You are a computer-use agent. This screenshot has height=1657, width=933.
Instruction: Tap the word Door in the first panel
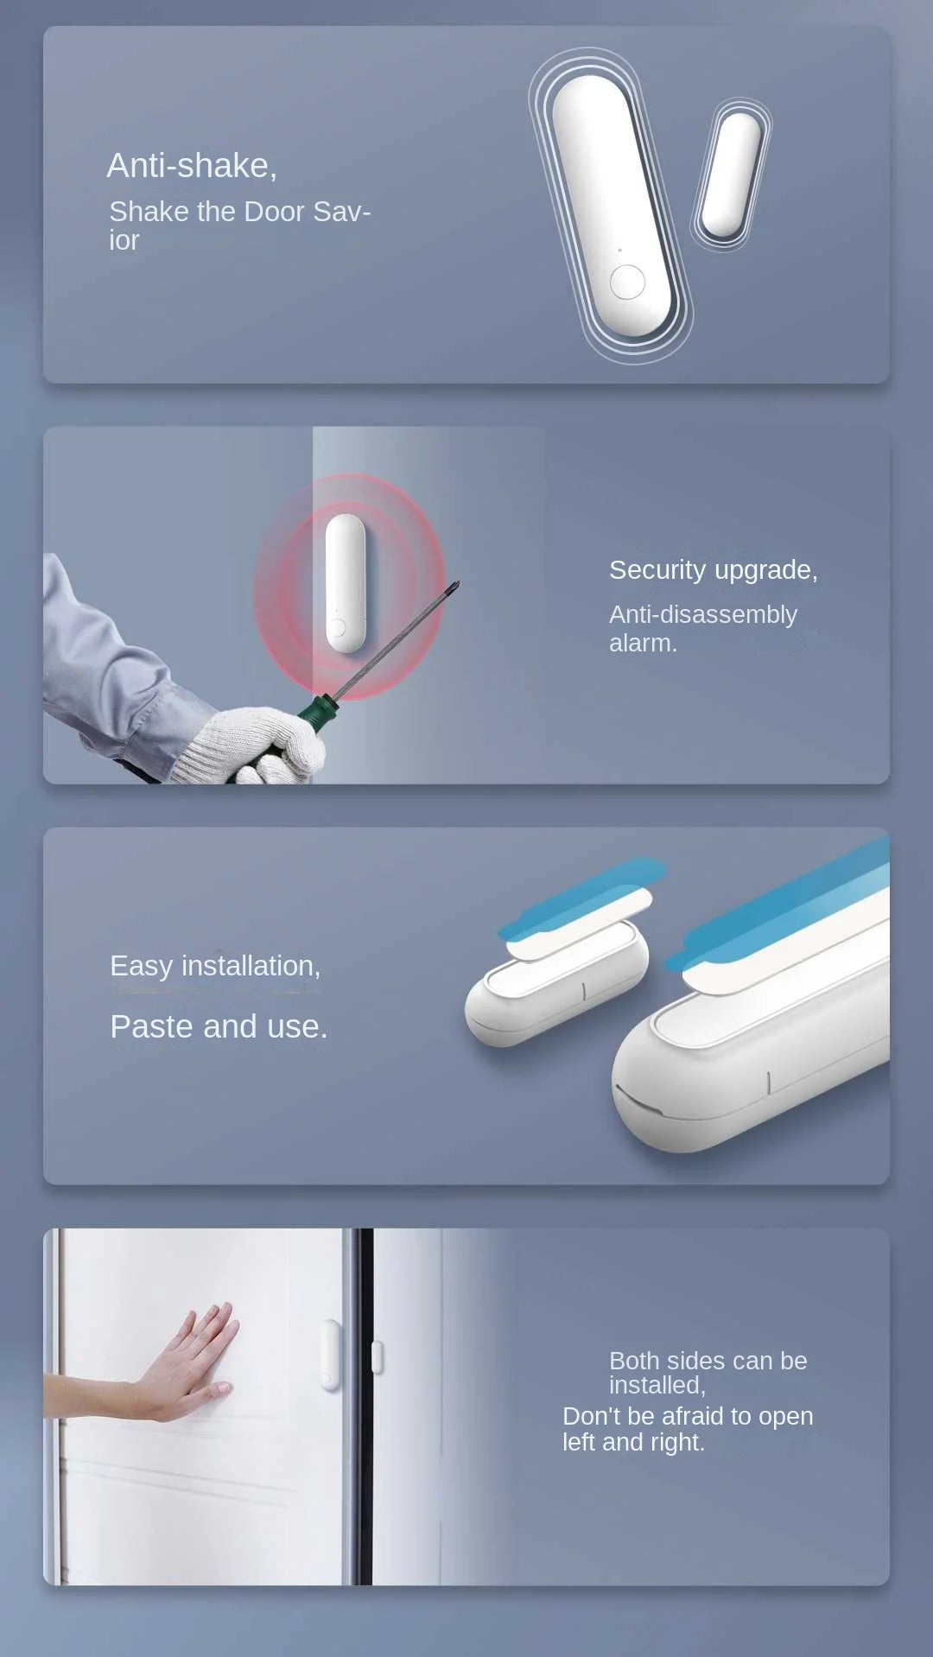click(275, 212)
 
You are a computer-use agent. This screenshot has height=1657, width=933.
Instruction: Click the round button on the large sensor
click(627, 282)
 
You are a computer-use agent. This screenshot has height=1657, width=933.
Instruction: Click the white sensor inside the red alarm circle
click(346, 583)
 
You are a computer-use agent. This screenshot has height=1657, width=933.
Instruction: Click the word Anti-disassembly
click(702, 614)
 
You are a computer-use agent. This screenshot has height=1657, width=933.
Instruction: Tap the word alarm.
click(642, 644)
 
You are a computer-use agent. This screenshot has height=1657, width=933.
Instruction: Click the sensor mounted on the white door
click(331, 1355)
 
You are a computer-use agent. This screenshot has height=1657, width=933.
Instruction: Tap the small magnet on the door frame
click(377, 1356)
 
